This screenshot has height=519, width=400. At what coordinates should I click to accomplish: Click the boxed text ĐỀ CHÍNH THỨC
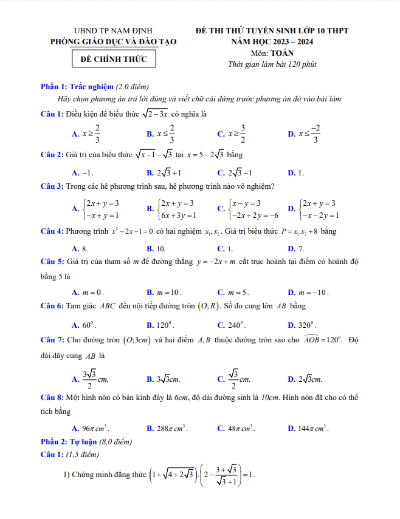click(x=113, y=59)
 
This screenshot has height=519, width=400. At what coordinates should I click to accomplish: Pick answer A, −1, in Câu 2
click(x=83, y=172)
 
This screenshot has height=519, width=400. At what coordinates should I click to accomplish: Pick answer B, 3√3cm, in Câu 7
click(x=164, y=379)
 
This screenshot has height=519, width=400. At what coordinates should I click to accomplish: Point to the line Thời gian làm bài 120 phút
click(x=272, y=64)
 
